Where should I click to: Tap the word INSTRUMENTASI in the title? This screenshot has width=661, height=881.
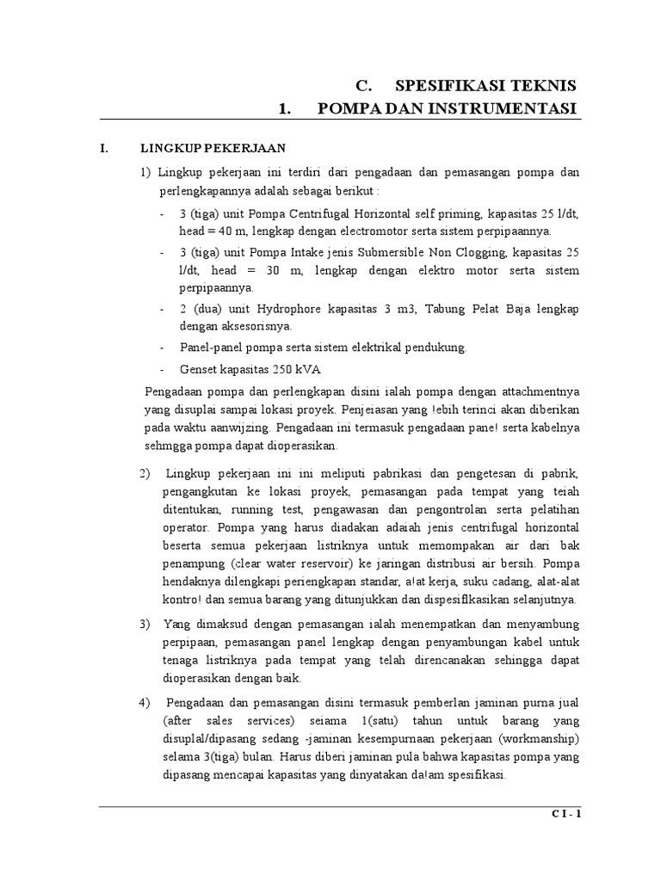(x=510, y=108)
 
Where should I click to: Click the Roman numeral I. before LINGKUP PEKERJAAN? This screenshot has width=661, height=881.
(x=103, y=149)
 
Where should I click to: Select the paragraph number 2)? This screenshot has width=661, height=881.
(x=144, y=475)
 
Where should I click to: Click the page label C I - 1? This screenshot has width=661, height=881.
(x=566, y=816)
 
